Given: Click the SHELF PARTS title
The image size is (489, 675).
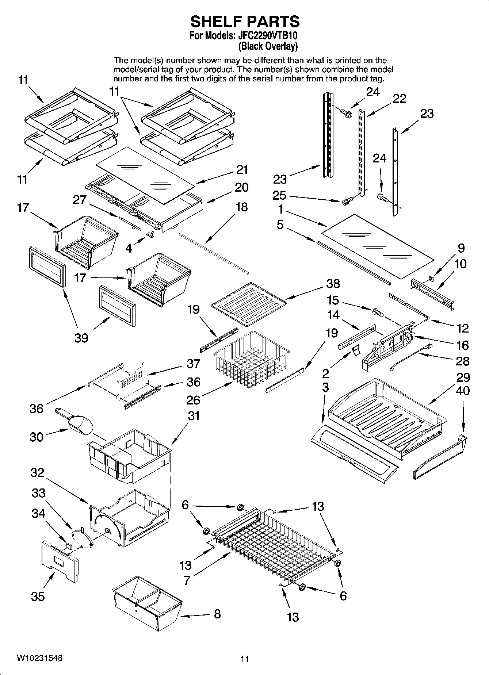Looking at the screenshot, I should point(245,22).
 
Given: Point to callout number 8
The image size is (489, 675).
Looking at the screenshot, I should point(217,614).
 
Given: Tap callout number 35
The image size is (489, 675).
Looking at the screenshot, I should point(38,596).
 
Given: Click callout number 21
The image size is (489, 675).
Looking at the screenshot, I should point(242,169).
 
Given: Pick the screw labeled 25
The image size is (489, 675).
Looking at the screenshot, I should point(347,200).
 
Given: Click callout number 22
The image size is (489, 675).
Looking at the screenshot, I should point(399,99).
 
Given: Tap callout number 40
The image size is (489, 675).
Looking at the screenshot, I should point(463,391).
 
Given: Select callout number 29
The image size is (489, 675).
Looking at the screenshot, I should point(463,377).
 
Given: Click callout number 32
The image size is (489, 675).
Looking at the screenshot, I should point(37,473).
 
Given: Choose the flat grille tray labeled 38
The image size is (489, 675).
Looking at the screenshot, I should point(248,304).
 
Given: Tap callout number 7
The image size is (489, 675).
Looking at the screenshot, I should point(187,580).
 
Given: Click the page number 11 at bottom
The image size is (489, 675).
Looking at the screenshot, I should point(244,659).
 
